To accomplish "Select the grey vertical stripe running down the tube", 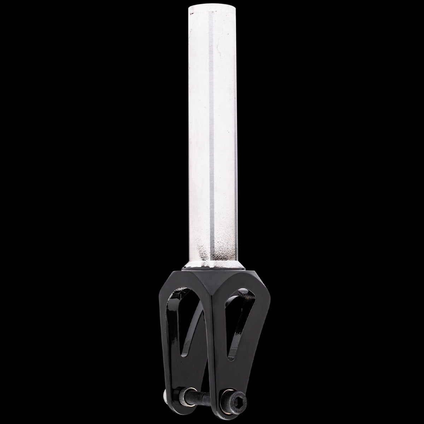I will pos(211,141).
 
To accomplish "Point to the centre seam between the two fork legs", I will pos(208,318).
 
